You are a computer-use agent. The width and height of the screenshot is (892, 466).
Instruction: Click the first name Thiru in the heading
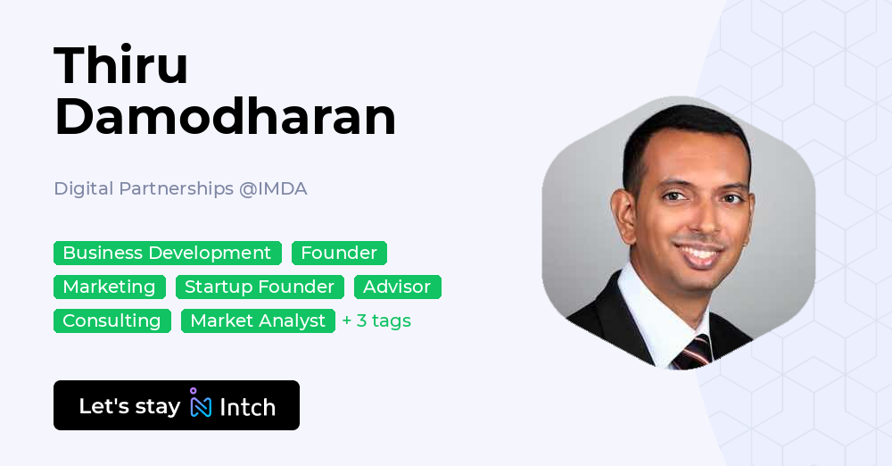(121, 65)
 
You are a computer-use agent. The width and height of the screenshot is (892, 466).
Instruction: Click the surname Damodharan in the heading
(225, 116)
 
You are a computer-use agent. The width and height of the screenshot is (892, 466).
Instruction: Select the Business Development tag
(167, 253)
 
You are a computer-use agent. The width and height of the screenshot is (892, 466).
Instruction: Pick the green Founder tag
(339, 253)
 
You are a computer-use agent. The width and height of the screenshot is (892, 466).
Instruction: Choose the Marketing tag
(109, 287)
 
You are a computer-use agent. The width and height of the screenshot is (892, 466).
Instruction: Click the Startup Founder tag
(259, 287)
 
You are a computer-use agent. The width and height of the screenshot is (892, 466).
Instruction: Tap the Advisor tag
(397, 287)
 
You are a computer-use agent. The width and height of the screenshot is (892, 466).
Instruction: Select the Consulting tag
(111, 320)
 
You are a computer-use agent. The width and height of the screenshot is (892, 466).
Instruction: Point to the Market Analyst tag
(258, 320)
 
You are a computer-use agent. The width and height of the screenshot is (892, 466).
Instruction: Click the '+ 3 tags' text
(376, 320)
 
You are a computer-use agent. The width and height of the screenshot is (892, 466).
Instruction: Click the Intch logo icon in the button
(201, 404)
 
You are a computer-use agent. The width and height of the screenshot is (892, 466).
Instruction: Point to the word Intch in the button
(247, 407)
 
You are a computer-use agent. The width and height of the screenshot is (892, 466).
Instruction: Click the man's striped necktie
(691, 352)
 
